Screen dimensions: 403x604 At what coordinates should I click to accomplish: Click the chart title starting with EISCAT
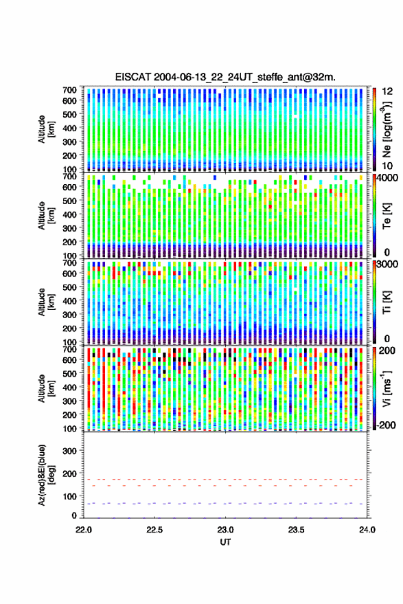[x=225, y=77]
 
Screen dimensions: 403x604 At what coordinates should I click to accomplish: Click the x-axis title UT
[x=225, y=542]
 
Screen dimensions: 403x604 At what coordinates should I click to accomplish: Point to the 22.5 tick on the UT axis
[x=154, y=530]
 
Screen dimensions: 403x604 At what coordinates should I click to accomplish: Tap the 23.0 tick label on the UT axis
[x=225, y=530]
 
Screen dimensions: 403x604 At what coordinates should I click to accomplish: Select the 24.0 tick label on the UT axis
[x=367, y=530]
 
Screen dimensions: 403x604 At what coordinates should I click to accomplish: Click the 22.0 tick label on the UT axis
[x=84, y=530]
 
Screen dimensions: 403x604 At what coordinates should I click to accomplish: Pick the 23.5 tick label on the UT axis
[x=296, y=530]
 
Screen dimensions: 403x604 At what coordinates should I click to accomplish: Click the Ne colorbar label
[x=387, y=129]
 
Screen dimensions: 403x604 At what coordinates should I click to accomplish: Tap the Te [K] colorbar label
[x=387, y=216]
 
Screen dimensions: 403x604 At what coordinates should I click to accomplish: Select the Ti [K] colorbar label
[x=387, y=302]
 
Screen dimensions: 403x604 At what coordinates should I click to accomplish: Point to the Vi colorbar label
[x=387, y=388]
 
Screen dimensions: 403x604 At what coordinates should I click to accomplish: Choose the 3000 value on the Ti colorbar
[x=387, y=265]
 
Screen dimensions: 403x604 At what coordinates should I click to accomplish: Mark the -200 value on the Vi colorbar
[x=386, y=425]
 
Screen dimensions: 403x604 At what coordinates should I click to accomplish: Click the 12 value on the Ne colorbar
[x=387, y=91]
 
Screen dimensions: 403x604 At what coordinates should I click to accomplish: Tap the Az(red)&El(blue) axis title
[x=46, y=475]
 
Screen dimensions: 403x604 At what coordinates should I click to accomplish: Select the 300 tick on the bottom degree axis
[x=69, y=451]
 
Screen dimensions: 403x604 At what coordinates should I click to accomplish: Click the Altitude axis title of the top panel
[x=46, y=129]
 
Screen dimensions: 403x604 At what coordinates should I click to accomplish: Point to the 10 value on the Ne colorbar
[x=387, y=166]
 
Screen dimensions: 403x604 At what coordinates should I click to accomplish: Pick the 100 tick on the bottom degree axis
[x=69, y=497]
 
